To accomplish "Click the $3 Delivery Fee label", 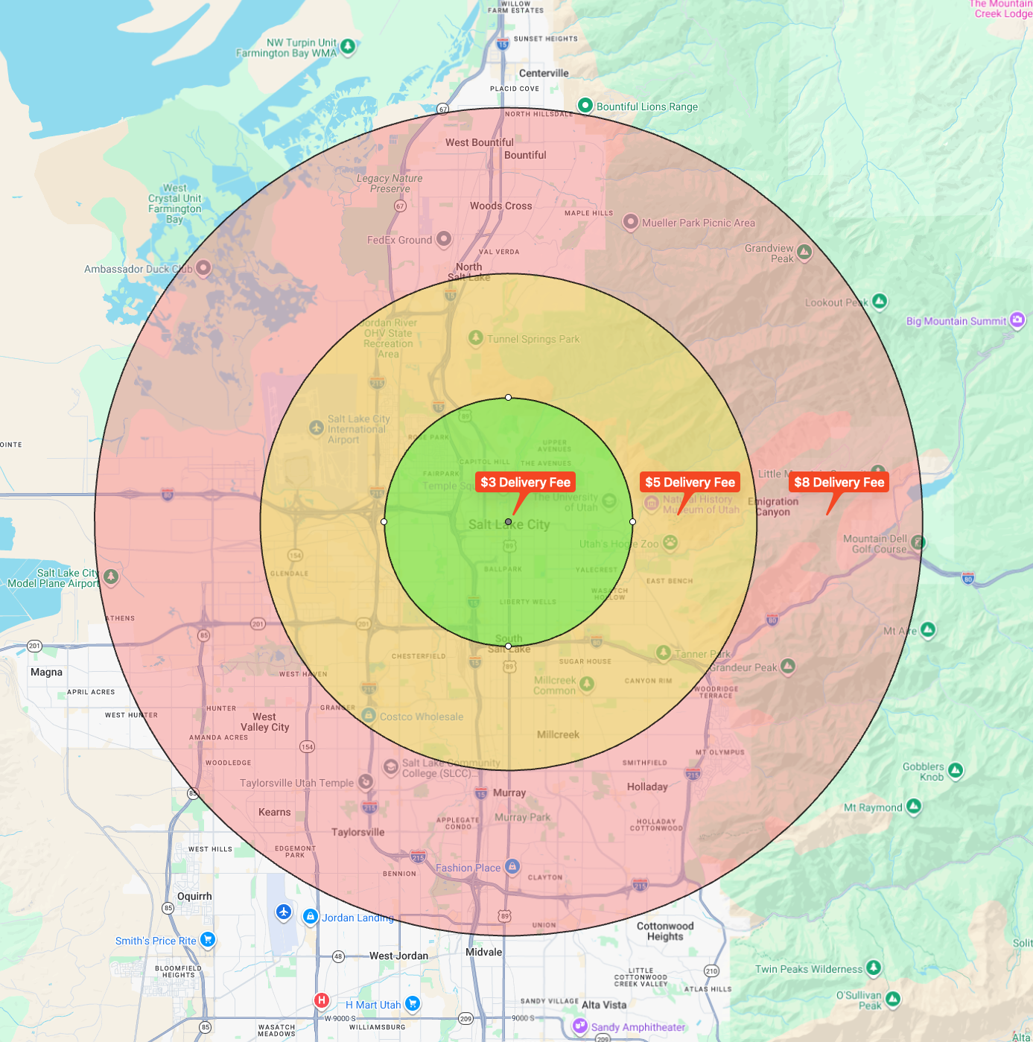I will pyautogui.click(x=525, y=482).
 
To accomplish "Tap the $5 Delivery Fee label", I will pyautogui.click(x=690, y=482).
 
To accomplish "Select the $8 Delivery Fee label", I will pyautogui.click(x=839, y=482).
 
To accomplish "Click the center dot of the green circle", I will pyautogui.click(x=508, y=522).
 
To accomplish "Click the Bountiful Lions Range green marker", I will pyautogui.click(x=585, y=105).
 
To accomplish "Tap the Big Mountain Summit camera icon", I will pyautogui.click(x=1017, y=320).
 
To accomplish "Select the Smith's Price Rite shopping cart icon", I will pyautogui.click(x=208, y=940).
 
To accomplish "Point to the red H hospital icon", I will pyautogui.click(x=322, y=1000).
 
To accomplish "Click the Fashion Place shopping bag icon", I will pyautogui.click(x=512, y=866).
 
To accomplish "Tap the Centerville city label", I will pyautogui.click(x=544, y=73).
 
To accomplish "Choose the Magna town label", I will pyautogui.click(x=46, y=672).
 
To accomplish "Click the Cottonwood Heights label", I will pyautogui.click(x=665, y=931).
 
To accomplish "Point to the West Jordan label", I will pyautogui.click(x=398, y=956).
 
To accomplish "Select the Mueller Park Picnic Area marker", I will pyautogui.click(x=631, y=221).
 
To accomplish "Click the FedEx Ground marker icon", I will pyautogui.click(x=444, y=239).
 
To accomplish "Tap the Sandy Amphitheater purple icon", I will pyautogui.click(x=580, y=1026).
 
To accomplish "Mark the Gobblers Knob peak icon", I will pyautogui.click(x=956, y=770).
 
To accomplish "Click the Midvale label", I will pyautogui.click(x=483, y=952).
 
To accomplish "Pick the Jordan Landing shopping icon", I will pyautogui.click(x=311, y=916).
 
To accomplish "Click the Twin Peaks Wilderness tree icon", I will pyautogui.click(x=874, y=968).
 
